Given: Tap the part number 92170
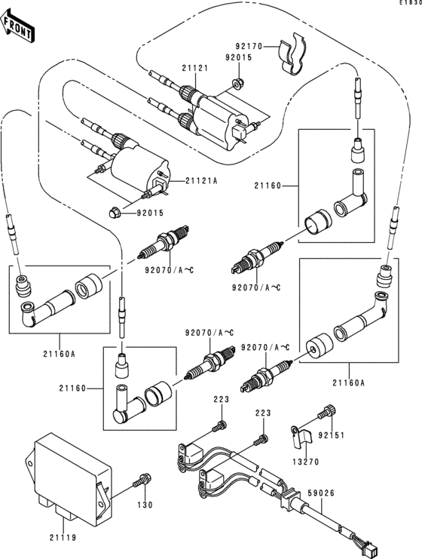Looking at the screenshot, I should [246, 46].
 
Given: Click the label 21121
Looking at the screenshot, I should [194, 68].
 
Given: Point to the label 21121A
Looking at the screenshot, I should [201, 181].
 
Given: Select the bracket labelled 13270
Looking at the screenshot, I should [299, 435].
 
